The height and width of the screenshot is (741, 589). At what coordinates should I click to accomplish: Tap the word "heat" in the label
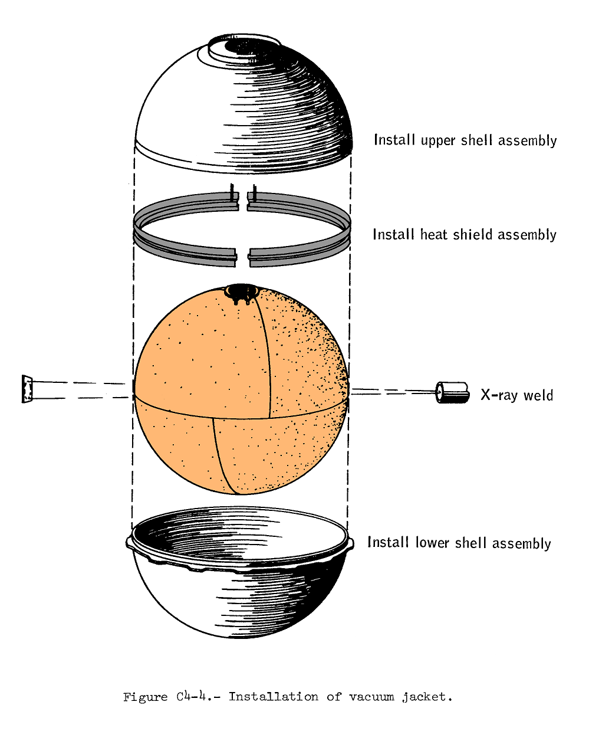433,235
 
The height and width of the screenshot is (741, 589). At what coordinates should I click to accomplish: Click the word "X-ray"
498,395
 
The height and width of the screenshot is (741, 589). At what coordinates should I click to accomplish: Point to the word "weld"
538,395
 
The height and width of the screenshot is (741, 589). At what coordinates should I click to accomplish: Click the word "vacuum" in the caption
371,697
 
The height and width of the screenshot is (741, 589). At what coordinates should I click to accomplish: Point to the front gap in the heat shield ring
242,254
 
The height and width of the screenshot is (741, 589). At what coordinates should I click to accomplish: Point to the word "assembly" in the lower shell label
521,543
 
